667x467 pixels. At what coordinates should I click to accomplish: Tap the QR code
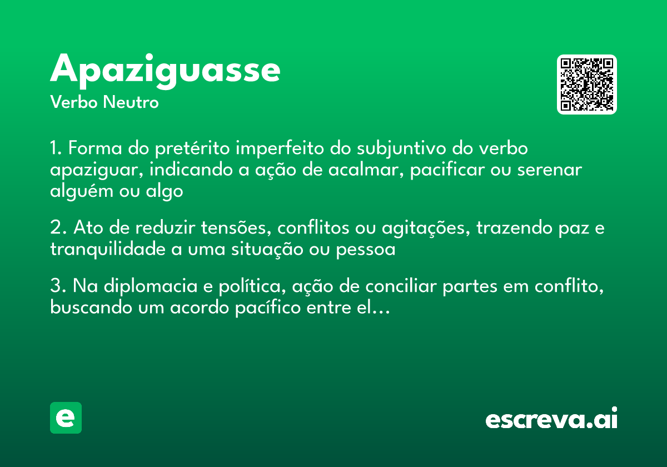587,85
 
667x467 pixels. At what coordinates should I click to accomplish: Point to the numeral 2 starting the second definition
54,228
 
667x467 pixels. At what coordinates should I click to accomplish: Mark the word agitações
421,228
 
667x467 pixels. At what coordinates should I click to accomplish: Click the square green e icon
66,418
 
